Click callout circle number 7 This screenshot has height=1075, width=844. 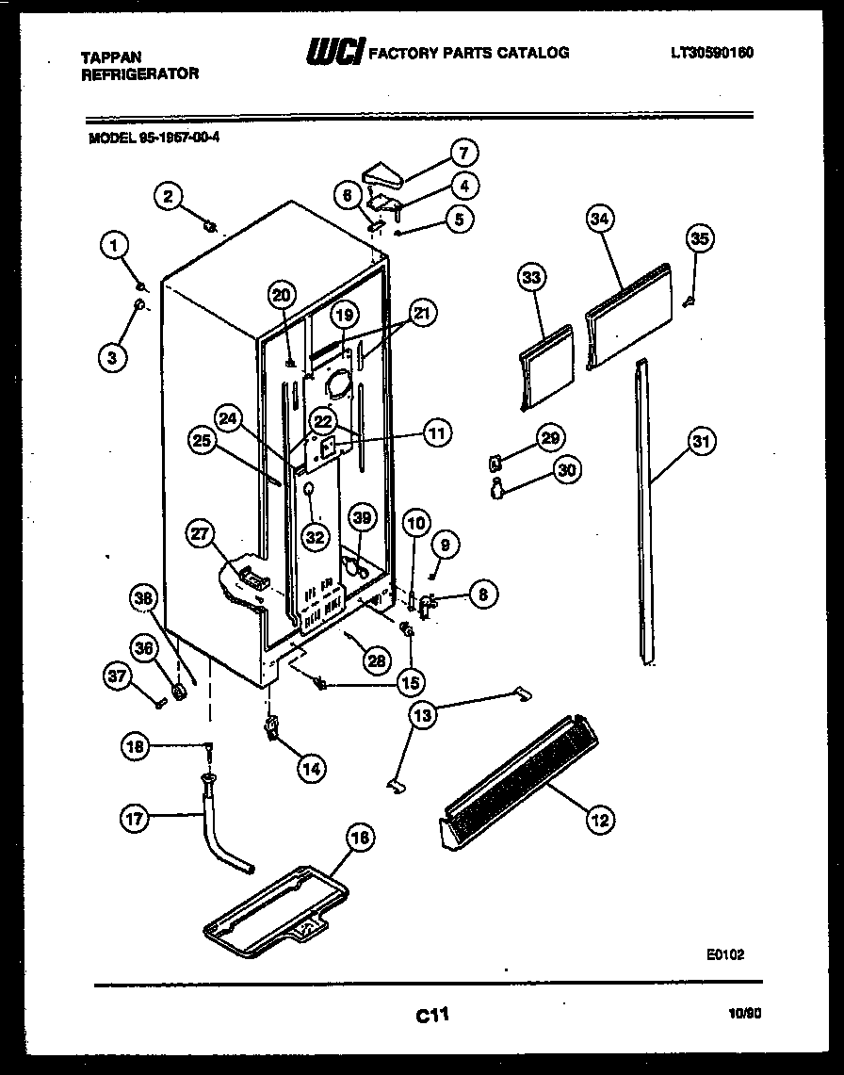[x=463, y=153]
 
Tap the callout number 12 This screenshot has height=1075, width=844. [x=597, y=821]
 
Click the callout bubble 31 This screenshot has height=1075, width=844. [x=700, y=440]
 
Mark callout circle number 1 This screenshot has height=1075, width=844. [x=114, y=247]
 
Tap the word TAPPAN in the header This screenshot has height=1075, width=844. [x=105, y=57]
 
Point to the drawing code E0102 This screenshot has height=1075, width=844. [x=724, y=954]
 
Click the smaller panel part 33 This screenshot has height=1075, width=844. [x=546, y=367]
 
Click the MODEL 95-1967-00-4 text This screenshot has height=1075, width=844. [x=147, y=137]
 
